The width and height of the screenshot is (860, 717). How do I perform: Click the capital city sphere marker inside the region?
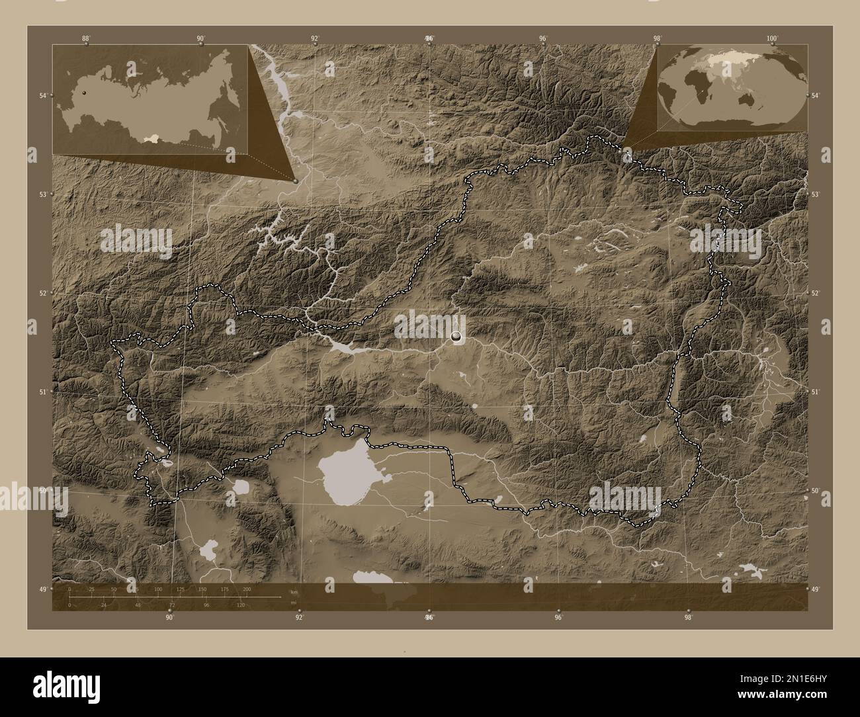(456, 337)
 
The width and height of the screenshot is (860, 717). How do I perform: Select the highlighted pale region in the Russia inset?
(153, 140)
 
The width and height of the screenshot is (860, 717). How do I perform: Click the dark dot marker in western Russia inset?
(84, 93)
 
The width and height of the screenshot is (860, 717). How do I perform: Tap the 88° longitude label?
(86, 38)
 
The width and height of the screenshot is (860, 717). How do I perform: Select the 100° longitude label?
(771, 38)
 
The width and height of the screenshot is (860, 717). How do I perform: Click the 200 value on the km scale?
(247, 589)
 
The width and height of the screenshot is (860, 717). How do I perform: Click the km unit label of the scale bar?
(294, 592)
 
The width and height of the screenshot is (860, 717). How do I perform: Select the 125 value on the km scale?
(180, 589)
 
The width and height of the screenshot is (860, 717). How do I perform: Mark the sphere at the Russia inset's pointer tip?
(295, 179)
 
